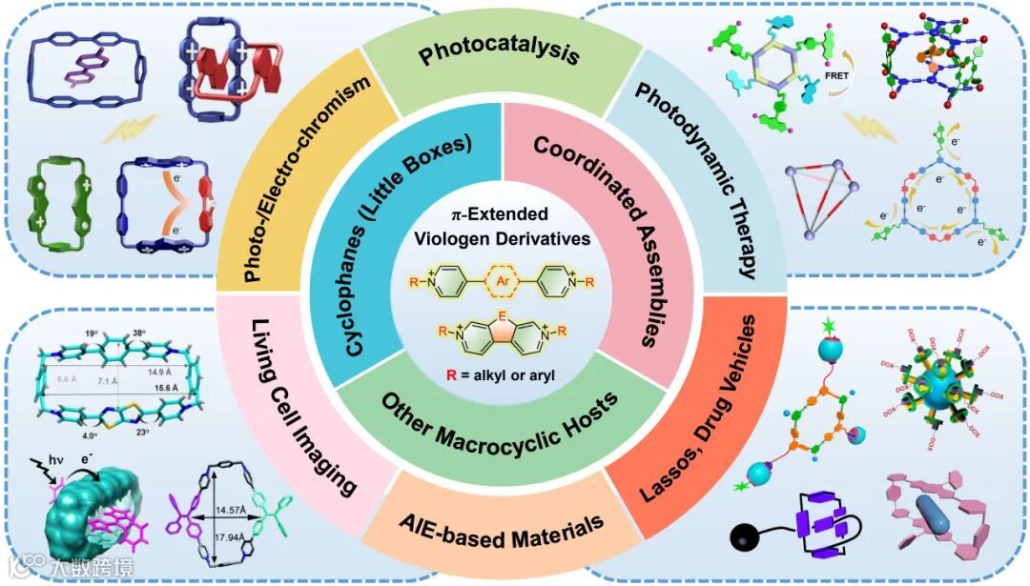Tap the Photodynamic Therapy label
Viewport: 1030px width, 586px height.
tap(695, 180)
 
